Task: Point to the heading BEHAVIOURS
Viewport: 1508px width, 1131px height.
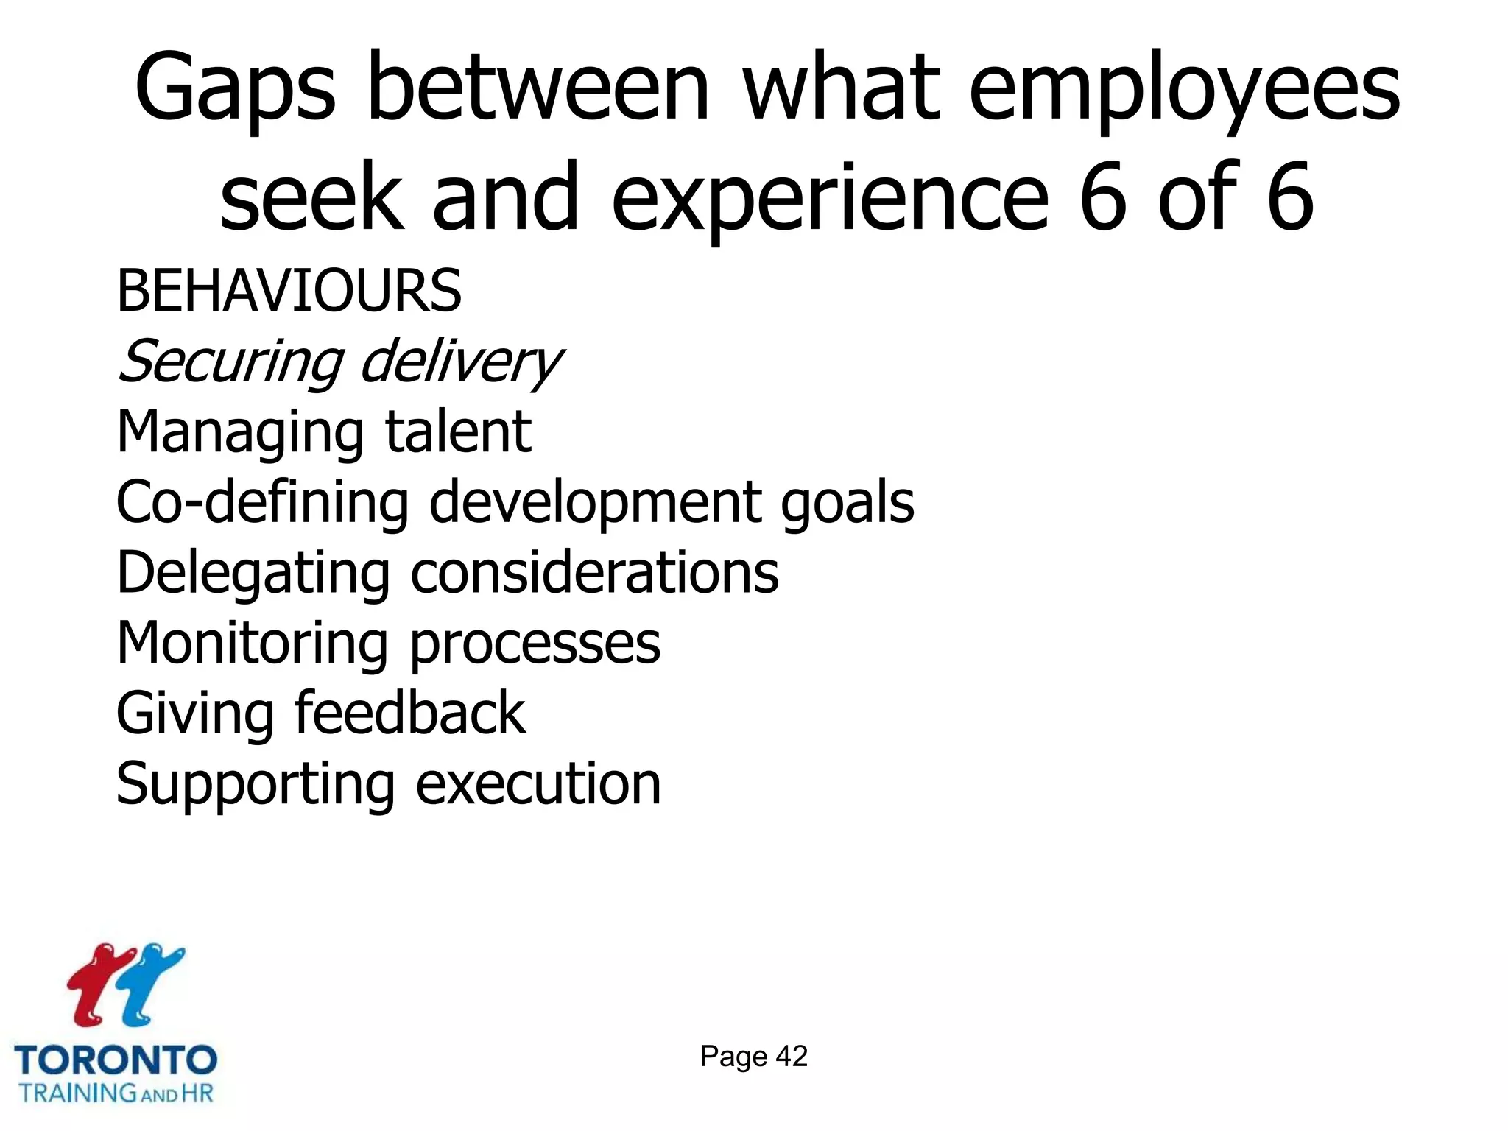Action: [289, 291]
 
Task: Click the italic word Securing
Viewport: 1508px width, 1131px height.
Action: [230, 362]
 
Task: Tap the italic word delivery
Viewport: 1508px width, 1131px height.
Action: [462, 362]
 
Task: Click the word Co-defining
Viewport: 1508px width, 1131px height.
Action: [262, 502]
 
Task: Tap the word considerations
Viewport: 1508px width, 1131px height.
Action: [594, 573]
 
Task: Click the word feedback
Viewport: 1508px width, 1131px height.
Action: [410, 713]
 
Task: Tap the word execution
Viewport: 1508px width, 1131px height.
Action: [538, 783]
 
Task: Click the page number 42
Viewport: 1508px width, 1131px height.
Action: [792, 1057]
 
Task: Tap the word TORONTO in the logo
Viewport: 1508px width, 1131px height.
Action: [116, 1060]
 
